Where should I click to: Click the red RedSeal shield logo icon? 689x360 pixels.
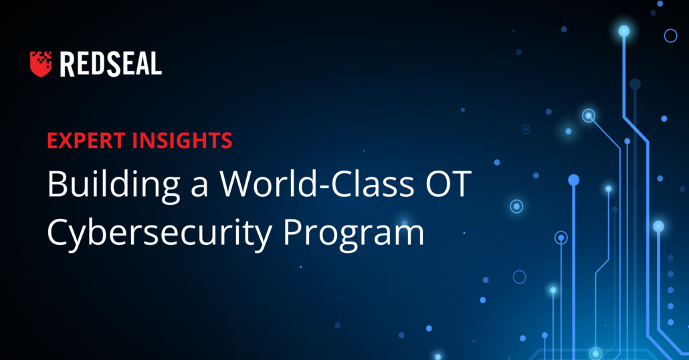[40, 64]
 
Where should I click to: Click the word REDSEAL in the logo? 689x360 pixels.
[111, 64]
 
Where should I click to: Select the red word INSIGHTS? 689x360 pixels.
[183, 141]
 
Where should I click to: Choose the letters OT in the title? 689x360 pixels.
[448, 183]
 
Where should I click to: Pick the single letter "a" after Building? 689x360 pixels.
[199, 187]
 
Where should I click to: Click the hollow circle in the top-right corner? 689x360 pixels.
[670, 35]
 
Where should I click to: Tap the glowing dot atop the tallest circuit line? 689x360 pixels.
[624, 31]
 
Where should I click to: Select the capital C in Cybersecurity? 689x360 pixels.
[58, 232]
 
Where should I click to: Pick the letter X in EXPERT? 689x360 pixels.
[66, 141]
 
